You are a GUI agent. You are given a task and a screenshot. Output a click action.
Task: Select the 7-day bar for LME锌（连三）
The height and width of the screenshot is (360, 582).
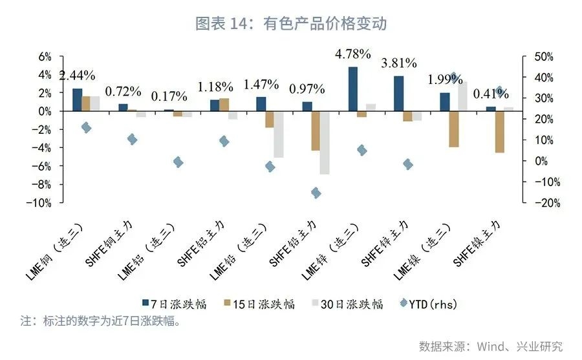[x=352, y=89]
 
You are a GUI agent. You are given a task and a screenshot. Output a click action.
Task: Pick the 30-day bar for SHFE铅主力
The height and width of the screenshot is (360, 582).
[x=325, y=143]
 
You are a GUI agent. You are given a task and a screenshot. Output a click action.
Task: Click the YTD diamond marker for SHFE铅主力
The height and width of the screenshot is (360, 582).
[x=316, y=193]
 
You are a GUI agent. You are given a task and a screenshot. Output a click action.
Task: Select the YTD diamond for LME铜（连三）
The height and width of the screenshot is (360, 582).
[x=86, y=127]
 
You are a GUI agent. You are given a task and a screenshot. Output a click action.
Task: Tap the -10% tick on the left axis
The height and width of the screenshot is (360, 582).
[x=40, y=203]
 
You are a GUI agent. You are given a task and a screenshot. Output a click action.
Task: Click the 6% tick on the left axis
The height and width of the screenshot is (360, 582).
[x=44, y=56]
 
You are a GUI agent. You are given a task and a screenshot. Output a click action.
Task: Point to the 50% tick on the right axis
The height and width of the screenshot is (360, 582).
[x=542, y=57]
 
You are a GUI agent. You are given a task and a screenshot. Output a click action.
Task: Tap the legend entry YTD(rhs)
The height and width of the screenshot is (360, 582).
[x=427, y=304]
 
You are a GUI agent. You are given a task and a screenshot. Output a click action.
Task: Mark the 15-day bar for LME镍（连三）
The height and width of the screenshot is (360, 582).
[x=454, y=129]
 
